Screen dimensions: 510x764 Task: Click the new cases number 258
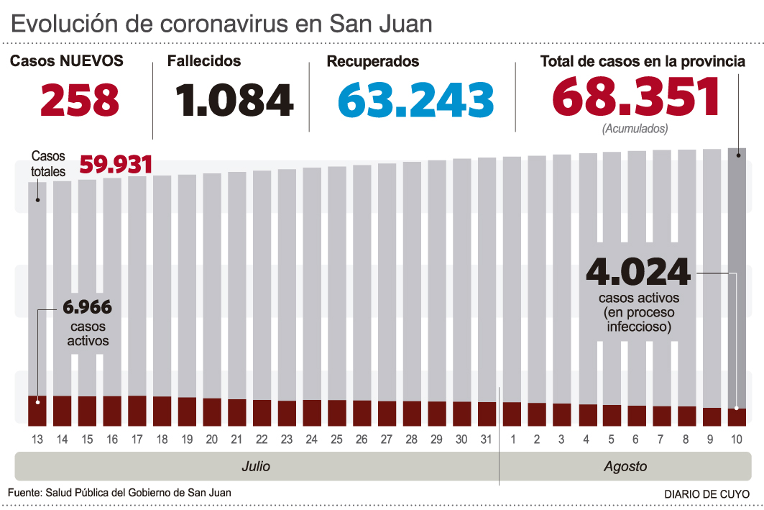click(x=80, y=101)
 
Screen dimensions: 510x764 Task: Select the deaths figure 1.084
click(x=234, y=101)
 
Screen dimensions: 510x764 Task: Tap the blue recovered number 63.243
click(x=416, y=101)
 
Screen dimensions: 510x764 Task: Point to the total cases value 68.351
click(x=636, y=97)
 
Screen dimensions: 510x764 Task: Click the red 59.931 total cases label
click(x=116, y=165)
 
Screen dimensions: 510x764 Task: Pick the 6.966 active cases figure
click(x=87, y=308)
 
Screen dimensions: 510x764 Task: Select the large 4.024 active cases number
click(x=638, y=273)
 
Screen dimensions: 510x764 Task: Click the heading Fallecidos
click(x=204, y=62)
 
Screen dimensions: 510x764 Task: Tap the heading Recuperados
click(x=373, y=62)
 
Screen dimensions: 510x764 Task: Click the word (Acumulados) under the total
click(x=635, y=129)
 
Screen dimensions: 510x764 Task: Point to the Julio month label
click(x=256, y=467)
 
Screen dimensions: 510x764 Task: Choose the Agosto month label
click(x=625, y=467)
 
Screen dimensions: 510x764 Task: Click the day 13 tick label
click(x=37, y=439)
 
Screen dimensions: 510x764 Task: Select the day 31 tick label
click(x=487, y=439)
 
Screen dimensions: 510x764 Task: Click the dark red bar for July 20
click(x=212, y=411)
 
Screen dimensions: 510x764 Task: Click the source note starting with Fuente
click(x=120, y=492)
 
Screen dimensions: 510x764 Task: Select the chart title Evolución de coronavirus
click(x=222, y=24)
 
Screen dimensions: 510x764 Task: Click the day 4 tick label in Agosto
click(x=587, y=439)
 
